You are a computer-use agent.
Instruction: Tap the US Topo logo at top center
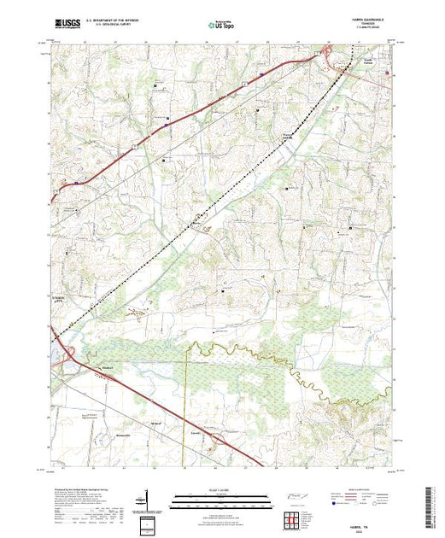[220, 26]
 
